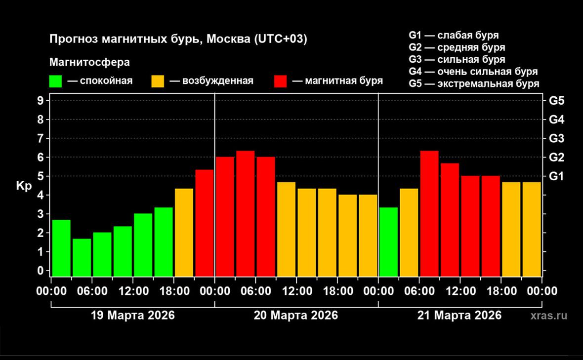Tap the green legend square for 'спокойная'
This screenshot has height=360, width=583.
pos(56,81)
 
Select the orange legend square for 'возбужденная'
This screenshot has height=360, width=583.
pos(158,81)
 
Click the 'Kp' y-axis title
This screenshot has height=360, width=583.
pos(24,187)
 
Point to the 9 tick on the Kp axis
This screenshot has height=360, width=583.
pos(41,101)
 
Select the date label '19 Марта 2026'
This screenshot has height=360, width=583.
pos(133,315)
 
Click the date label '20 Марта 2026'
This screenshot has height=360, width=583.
pos(296,315)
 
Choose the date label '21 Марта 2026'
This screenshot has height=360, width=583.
pos(459,315)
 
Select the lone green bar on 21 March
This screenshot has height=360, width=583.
pos(388,241)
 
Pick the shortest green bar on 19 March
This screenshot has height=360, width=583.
pos(82,257)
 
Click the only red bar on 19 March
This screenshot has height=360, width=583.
pos(205,223)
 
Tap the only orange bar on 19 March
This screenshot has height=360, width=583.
pos(184,232)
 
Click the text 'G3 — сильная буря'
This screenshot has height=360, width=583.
pos(457,60)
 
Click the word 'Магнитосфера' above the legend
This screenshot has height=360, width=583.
pos(89,63)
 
